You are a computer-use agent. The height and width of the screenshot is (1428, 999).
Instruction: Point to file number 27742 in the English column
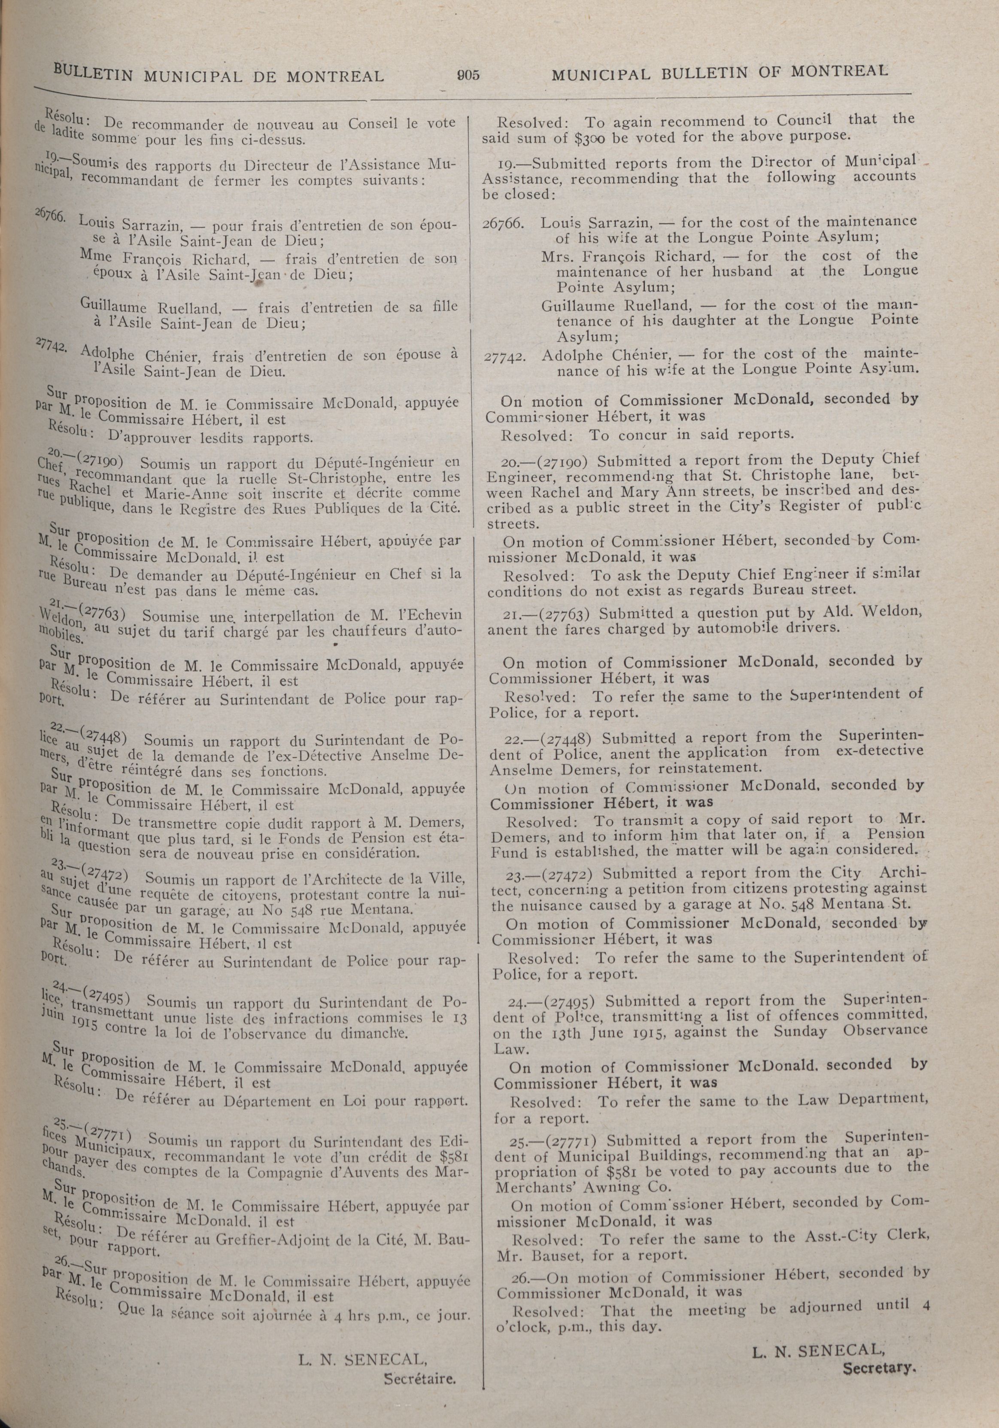click(503, 358)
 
